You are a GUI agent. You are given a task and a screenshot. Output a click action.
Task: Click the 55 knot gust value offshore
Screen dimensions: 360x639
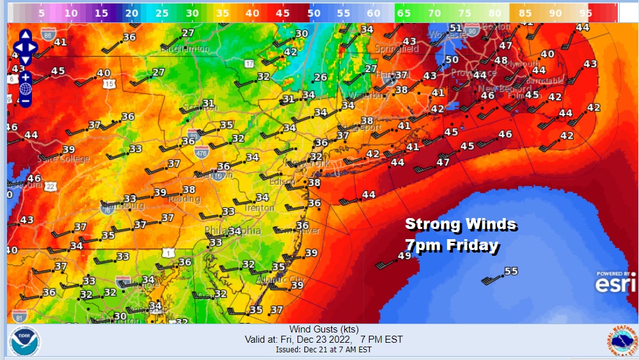pyautogui.click(x=510, y=271)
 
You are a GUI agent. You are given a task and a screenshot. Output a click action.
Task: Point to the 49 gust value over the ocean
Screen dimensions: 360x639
pyautogui.click(x=404, y=256)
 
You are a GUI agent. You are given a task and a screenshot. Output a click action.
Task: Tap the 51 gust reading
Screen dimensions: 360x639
pyautogui.click(x=455, y=27)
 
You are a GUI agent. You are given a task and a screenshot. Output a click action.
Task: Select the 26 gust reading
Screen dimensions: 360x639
pyautogui.click(x=320, y=77)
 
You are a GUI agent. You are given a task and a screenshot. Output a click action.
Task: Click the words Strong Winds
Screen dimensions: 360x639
pyautogui.click(x=461, y=224)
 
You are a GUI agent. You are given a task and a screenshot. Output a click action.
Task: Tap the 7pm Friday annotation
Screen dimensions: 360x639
pyautogui.click(x=452, y=245)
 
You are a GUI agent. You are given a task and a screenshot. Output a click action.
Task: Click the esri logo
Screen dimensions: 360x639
pyautogui.click(x=616, y=283)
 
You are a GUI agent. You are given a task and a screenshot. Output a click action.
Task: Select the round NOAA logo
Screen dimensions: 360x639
pyautogui.click(x=24, y=341)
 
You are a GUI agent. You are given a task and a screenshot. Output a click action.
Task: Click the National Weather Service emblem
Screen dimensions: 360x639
pyautogui.click(x=622, y=341)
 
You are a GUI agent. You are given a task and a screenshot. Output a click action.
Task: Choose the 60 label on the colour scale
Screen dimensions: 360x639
pyautogui.click(x=372, y=12)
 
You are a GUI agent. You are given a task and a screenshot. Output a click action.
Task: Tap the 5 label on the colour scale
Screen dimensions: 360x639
pyautogui.click(x=41, y=12)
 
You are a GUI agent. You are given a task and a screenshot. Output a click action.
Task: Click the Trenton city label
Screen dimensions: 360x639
pyautogui.click(x=259, y=208)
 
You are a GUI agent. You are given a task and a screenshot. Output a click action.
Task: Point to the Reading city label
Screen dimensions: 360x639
pyautogui.click(x=184, y=199)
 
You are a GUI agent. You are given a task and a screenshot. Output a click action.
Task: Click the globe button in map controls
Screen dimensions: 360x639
pyautogui.click(x=26, y=89)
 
